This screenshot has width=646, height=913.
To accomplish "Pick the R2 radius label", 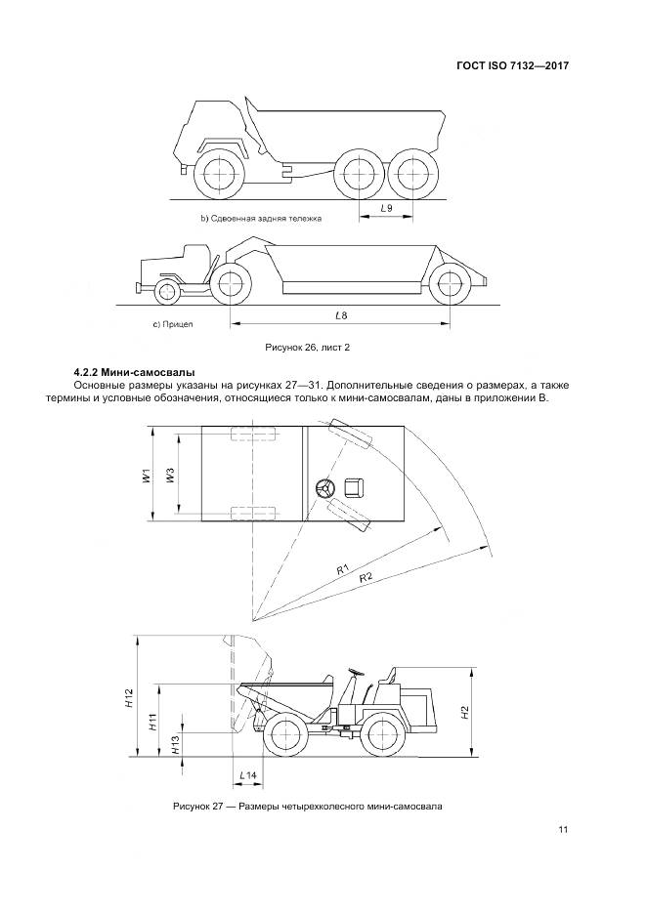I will [x=366, y=579].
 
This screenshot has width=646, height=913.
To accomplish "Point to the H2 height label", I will [x=466, y=712].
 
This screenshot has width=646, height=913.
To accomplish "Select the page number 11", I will [x=563, y=830].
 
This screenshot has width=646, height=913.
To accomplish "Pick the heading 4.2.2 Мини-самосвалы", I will [x=134, y=372].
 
